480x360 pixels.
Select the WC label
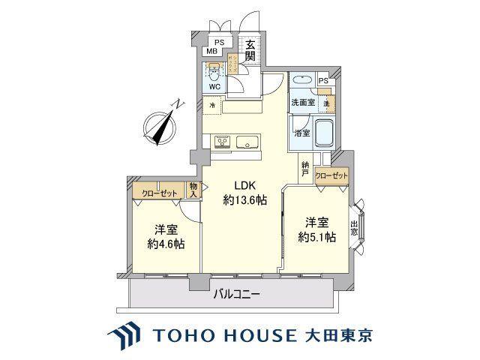point(214,86)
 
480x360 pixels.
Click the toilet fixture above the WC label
point(214,72)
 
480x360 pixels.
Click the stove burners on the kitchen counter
point(221,140)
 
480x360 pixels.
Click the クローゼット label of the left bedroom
point(158,193)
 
